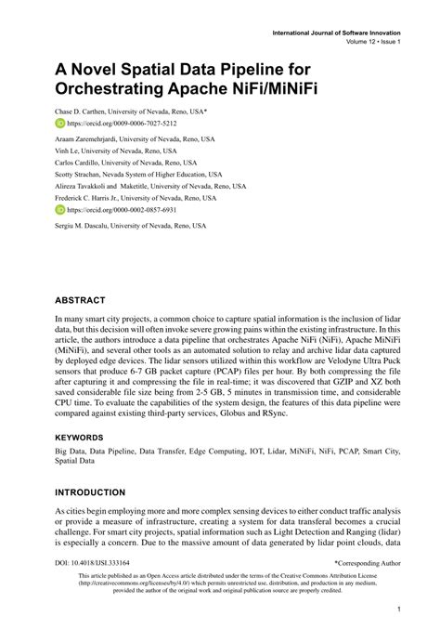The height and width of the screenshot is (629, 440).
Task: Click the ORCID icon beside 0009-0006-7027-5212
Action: tap(60, 123)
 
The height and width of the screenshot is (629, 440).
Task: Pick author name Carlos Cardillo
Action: tap(81, 162)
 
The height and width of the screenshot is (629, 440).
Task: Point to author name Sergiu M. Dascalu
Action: tap(89, 228)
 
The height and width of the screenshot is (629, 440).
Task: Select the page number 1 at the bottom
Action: tap(397, 609)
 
